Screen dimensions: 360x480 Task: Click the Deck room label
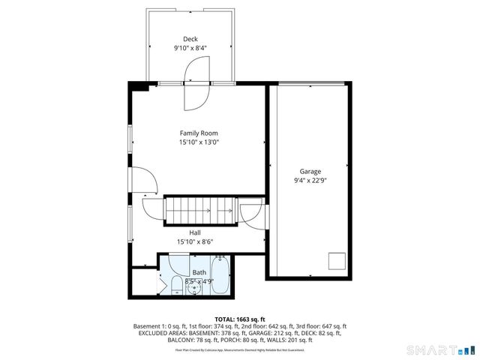coord(190,39)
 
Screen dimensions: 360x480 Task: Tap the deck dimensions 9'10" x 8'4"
coord(190,48)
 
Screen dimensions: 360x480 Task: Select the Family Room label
coord(198,133)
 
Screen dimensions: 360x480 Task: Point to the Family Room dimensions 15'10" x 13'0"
coord(198,142)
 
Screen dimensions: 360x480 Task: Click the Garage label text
coord(310,171)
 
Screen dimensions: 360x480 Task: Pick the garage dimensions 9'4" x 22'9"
coord(310,181)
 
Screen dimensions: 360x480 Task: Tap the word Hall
coord(194,232)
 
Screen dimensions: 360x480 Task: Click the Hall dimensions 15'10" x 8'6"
coord(194,242)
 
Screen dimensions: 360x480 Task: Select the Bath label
coord(199,272)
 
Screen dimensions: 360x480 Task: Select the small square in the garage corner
coord(337,260)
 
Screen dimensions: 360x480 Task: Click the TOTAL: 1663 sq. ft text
coord(239,318)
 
